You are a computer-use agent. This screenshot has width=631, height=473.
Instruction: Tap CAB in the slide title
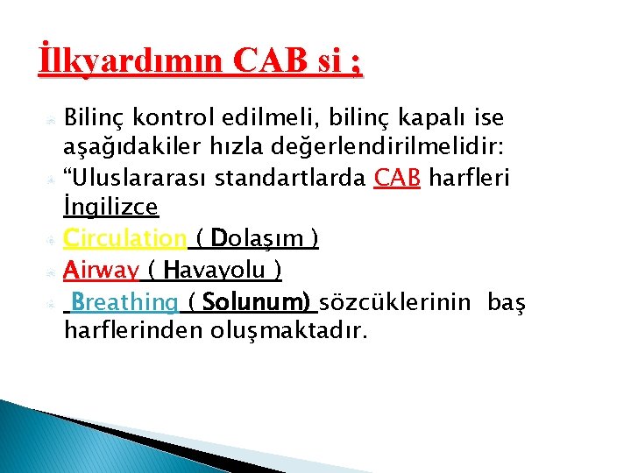click(269, 63)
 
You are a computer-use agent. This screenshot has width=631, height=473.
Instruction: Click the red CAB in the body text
click(399, 179)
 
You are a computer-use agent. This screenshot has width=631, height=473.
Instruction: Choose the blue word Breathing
click(125, 303)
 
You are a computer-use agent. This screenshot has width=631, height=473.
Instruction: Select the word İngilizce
click(110, 208)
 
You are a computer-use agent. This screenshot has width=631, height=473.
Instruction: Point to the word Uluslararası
click(140, 179)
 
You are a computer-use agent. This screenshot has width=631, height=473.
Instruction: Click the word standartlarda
click(291, 179)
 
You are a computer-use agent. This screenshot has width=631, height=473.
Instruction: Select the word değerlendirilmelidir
click(376, 147)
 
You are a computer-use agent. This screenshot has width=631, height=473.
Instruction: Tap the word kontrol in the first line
click(178, 117)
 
